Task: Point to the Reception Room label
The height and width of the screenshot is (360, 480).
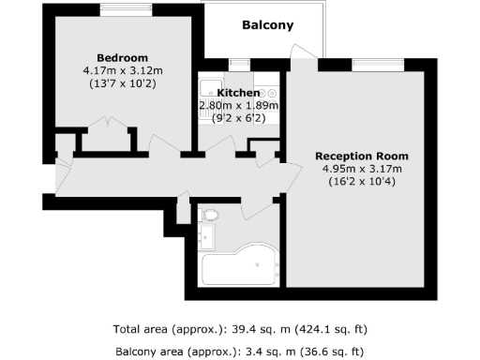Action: click(362, 156)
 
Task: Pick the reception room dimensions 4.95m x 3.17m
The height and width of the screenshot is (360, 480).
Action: click(361, 169)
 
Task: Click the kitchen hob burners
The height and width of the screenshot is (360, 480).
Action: click(265, 94)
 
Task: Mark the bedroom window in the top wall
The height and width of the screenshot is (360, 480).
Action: click(127, 10)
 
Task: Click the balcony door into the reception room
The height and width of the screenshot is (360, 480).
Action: click(303, 56)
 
